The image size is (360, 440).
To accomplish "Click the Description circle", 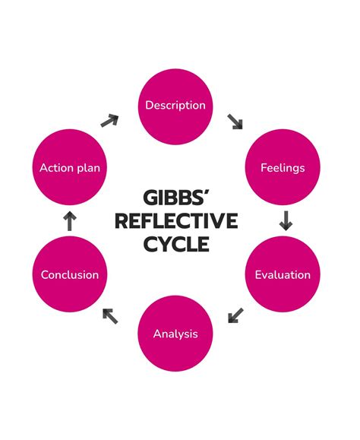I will (175, 106).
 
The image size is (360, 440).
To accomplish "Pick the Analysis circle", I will (175, 334).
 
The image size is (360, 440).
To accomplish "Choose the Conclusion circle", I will (70, 274).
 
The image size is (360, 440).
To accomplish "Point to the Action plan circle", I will (70, 167).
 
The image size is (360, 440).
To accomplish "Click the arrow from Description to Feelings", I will (235, 121).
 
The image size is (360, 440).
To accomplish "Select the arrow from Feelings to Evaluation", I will (286, 221).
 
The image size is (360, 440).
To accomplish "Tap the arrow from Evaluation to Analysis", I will (236, 315).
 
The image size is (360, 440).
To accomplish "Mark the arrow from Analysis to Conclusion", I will (111, 315).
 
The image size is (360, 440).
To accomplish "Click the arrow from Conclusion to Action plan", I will (70, 221).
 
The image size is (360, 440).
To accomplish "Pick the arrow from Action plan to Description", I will (110, 120).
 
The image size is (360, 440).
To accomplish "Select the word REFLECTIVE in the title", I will (179, 221).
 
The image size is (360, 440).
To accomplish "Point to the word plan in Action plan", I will (88, 168).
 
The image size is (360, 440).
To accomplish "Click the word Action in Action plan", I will (56, 167).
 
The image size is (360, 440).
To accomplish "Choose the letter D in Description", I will (150, 106).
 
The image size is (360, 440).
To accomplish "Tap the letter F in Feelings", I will (264, 167).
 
